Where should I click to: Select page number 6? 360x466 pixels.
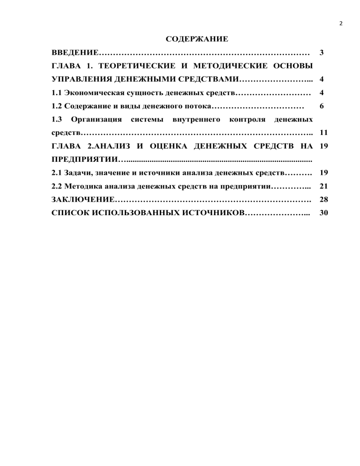click(321, 106)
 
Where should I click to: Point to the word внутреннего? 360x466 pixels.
click(198, 120)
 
